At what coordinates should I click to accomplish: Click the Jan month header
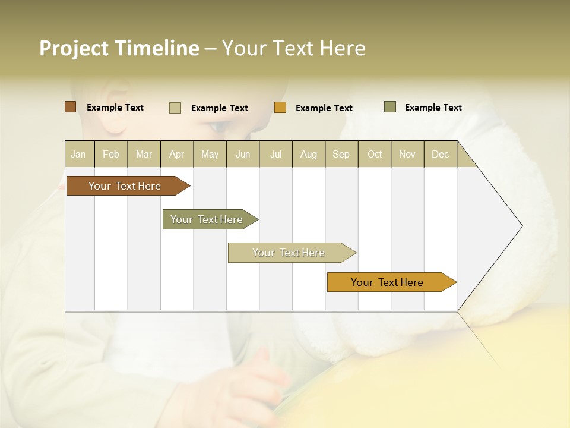[x=78, y=154]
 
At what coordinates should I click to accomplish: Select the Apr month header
[x=177, y=154]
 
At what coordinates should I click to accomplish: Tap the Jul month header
[x=275, y=154]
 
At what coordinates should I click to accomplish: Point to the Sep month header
[x=341, y=154]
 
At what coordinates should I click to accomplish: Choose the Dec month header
[x=440, y=154]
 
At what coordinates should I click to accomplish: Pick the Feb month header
[x=111, y=154]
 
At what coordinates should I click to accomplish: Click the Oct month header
[x=375, y=154]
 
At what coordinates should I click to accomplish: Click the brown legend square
[x=70, y=107]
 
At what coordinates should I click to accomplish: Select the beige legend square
[x=175, y=108]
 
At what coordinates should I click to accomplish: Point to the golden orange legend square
[x=280, y=108]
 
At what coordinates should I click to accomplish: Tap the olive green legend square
[x=390, y=107]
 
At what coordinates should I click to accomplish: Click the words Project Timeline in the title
[x=119, y=48]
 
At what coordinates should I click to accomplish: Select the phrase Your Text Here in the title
[x=293, y=48]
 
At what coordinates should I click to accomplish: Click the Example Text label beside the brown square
[x=115, y=108]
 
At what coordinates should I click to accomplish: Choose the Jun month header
[x=243, y=154]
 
